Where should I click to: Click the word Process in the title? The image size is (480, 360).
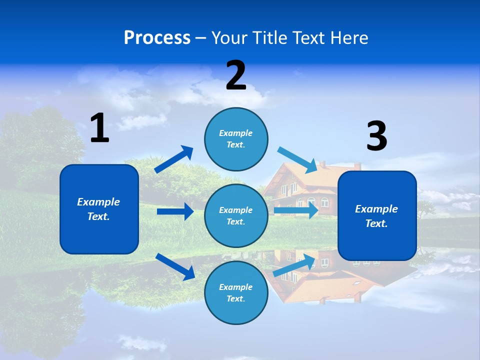tap(157, 38)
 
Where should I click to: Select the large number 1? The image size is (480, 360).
tap(99, 128)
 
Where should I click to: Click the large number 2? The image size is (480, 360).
tap(236, 75)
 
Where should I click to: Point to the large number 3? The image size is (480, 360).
tap(376, 136)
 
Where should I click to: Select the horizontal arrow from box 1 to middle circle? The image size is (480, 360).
tap(175, 211)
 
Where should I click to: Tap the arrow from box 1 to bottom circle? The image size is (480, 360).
tap(175, 266)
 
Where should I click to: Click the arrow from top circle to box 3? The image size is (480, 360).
tap(297, 159)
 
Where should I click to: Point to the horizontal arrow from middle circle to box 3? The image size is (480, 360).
tap(296, 210)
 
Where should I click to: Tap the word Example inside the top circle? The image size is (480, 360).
tap(236, 133)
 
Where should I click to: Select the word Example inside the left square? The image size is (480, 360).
tap(98, 202)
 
